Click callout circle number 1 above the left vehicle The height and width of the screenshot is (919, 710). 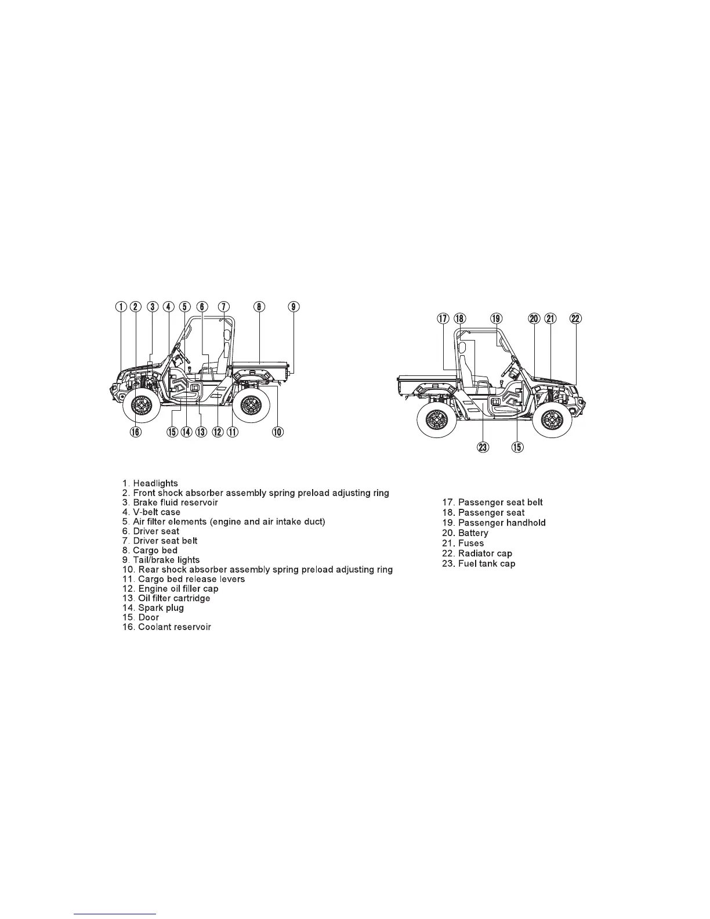pyautogui.click(x=121, y=307)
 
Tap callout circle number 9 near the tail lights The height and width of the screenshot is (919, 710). pyautogui.click(x=294, y=307)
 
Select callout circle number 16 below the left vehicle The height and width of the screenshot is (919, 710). pyautogui.click(x=135, y=432)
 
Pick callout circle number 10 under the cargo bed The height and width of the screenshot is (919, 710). pyautogui.click(x=278, y=432)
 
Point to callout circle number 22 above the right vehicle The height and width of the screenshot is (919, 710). pyautogui.click(x=575, y=318)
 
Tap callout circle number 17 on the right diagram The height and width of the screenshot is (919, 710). pyautogui.click(x=444, y=318)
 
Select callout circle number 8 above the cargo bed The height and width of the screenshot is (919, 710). pyautogui.click(x=259, y=307)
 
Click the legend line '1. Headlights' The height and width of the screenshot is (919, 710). pyautogui.click(x=150, y=483)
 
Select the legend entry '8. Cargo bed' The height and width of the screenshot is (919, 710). pyautogui.click(x=150, y=551)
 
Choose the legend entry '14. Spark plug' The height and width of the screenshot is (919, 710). pyautogui.click(x=153, y=608)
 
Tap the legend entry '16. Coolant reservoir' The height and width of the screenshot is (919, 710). pyautogui.click(x=167, y=627)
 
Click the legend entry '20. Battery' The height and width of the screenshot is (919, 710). pyautogui.click(x=465, y=533)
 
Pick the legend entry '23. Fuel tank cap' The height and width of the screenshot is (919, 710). pyautogui.click(x=478, y=564)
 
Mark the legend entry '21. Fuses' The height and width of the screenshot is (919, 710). pyautogui.click(x=462, y=543)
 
